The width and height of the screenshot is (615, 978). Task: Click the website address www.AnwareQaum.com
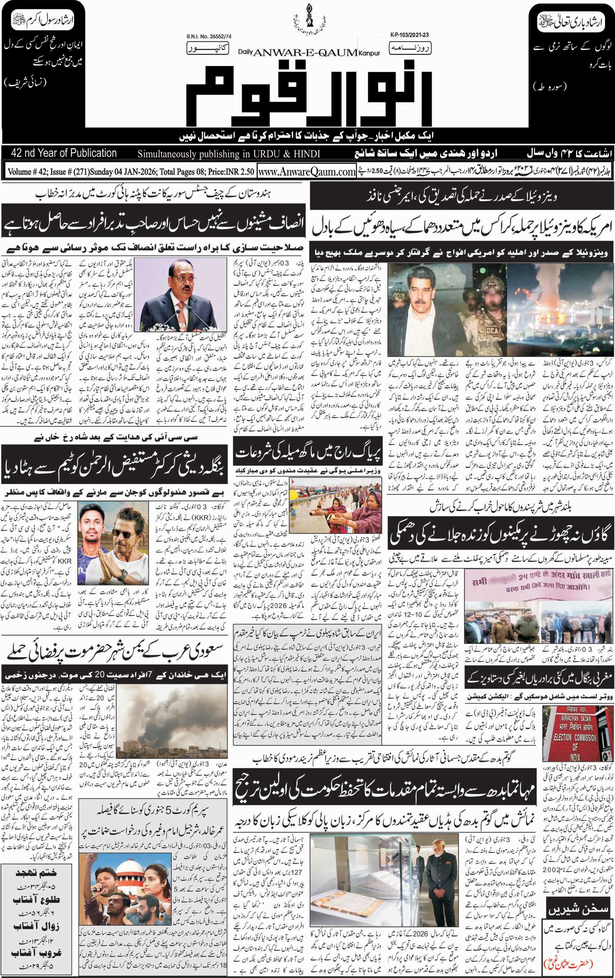click(307, 172)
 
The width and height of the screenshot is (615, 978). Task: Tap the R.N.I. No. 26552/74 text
click(209, 37)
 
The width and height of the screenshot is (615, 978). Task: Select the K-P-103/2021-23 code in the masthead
click(406, 36)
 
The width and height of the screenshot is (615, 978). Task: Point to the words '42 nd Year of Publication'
click(64, 153)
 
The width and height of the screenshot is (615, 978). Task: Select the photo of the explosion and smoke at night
click(560, 309)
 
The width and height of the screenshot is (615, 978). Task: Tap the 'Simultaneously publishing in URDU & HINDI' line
click(229, 154)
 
